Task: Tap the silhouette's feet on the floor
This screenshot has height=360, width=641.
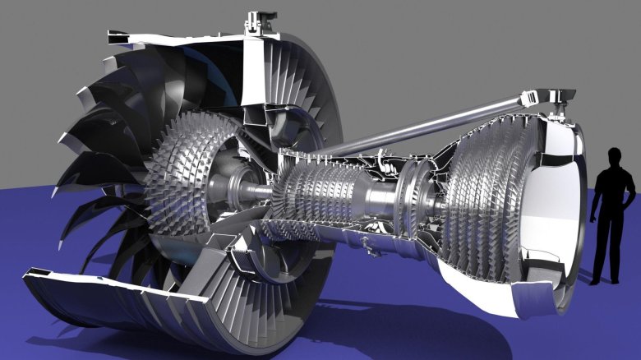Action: point(606,280)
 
